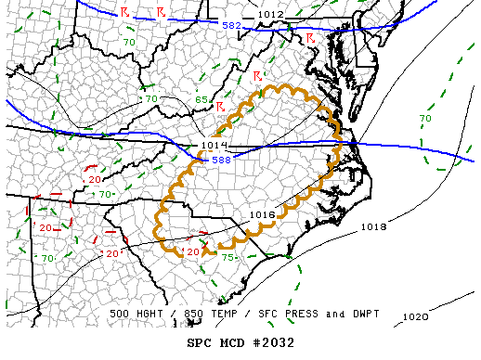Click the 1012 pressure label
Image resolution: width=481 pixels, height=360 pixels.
pyautogui.click(x=271, y=15)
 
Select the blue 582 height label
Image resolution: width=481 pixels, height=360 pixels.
pyautogui.click(x=231, y=25)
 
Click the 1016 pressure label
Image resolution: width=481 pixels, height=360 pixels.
pyautogui.click(x=263, y=214)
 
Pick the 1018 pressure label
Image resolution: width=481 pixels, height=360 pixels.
pyautogui.click(x=373, y=226)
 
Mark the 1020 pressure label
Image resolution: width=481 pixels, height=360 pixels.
pyautogui.click(x=415, y=316)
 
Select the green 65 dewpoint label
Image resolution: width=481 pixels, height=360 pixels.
pyautogui.click(x=200, y=98)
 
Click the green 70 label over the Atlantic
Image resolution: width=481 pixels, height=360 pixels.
pyautogui.click(x=424, y=119)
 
